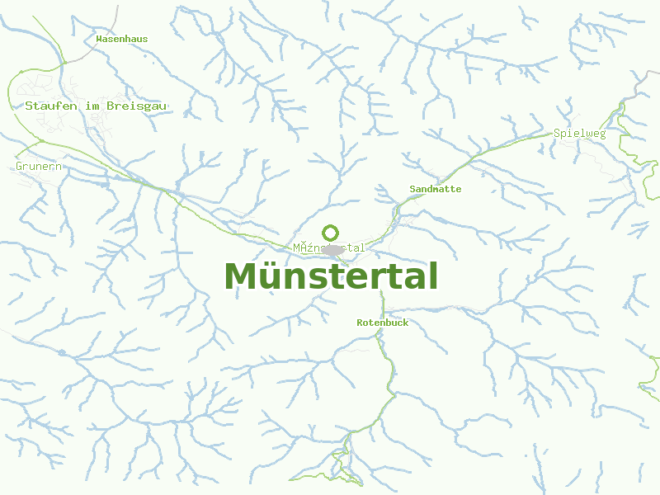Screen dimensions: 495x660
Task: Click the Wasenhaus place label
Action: pyautogui.click(x=121, y=39)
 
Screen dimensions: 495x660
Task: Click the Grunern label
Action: pyautogui.click(x=39, y=167)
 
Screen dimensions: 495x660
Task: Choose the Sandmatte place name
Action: pyautogui.click(x=435, y=189)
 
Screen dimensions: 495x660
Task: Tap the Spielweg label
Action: pyautogui.click(x=579, y=134)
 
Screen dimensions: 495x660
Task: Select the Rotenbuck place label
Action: pyautogui.click(x=382, y=323)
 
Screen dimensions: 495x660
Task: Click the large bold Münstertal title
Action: pyautogui.click(x=330, y=276)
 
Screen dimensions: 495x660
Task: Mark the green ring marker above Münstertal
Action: pyautogui.click(x=330, y=233)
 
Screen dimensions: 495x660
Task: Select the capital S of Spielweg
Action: pyautogui.click(x=557, y=134)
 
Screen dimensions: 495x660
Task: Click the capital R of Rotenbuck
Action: pyautogui.click(x=360, y=323)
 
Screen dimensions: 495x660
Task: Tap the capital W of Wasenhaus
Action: pyautogui.click(x=99, y=39)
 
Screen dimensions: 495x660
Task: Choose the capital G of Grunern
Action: pyautogui.click(x=19, y=167)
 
